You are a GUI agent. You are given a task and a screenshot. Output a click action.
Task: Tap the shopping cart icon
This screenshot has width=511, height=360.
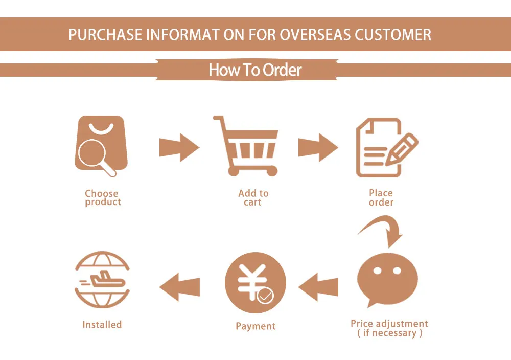(x=247, y=146)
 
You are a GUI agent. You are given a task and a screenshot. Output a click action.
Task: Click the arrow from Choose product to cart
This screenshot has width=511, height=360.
(x=179, y=148)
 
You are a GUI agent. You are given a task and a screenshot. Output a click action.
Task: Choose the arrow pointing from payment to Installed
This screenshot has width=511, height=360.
(x=179, y=286)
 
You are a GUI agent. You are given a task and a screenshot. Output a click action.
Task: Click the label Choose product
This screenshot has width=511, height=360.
(x=102, y=198)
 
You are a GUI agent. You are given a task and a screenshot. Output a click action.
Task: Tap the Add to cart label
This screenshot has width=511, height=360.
(x=253, y=198)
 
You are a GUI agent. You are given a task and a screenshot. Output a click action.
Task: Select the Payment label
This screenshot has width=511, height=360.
(x=255, y=326)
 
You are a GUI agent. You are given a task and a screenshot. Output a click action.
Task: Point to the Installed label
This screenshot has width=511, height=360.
(x=102, y=325)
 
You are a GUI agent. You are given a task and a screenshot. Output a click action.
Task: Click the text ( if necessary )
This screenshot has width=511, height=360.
(x=389, y=333)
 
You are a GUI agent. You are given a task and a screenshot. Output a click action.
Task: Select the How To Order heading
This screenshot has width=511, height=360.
(x=255, y=70)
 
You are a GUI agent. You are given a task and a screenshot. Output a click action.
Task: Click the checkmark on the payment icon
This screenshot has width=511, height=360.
(x=265, y=296)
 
